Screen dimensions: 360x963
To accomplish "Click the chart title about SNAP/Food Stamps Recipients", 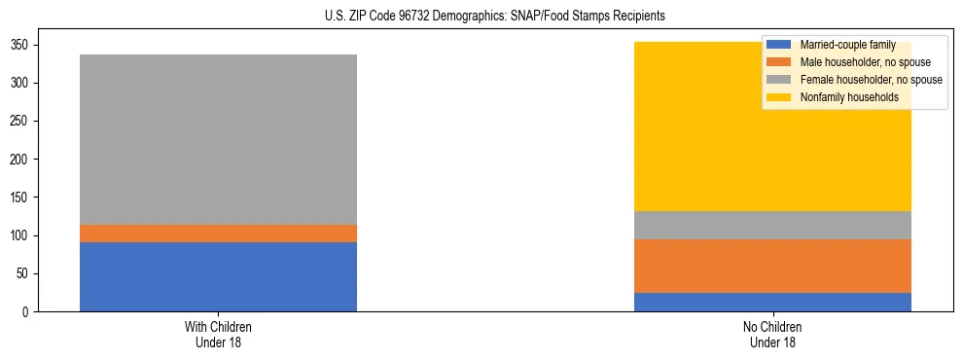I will click(x=481, y=17).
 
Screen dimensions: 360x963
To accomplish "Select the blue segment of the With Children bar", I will click(x=218, y=276).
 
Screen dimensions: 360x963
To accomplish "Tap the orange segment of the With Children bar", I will click(x=218, y=234).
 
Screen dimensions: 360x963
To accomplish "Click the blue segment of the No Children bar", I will click(x=772, y=302).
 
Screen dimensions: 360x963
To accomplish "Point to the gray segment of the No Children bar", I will click(x=772, y=225).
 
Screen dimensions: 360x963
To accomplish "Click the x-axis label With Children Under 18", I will click(x=218, y=334).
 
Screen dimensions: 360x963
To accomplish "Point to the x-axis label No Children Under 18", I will click(x=772, y=334).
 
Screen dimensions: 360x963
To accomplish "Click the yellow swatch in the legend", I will click(x=779, y=97).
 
